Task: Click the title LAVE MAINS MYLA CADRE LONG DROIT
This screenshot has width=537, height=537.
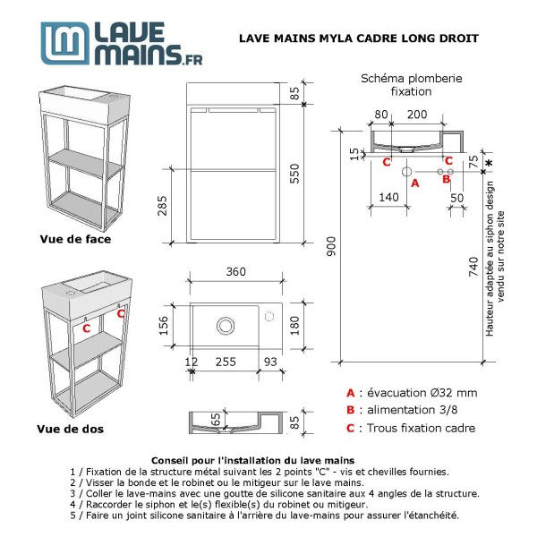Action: pyautogui.click(x=359, y=38)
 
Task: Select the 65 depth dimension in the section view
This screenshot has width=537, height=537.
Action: pyautogui.click(x=217, y=419)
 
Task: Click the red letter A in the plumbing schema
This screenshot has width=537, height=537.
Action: pyautogui.click(x=413, y=182)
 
